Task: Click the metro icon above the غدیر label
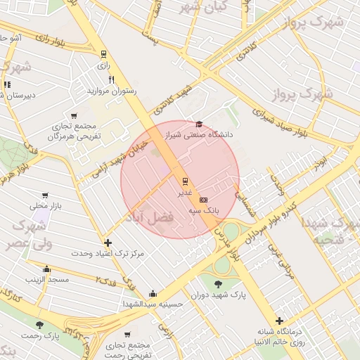186,181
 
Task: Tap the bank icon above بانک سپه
204,200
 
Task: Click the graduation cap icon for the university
199,124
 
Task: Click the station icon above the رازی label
104,54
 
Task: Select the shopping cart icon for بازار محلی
46,195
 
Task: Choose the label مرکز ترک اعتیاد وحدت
108,252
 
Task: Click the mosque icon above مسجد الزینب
46,269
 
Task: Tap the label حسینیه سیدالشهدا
153,304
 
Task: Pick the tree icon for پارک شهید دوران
219,284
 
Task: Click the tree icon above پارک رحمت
39,325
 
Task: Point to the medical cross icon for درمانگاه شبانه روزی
280,321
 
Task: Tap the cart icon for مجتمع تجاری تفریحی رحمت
127,335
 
